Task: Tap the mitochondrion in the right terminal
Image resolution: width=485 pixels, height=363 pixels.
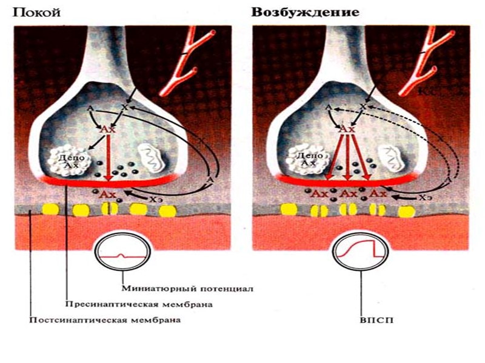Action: pyautogui.click(x=392, y=157)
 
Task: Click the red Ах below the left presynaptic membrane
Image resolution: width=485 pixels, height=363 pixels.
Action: pyautogui.click(x=107, y=194)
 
